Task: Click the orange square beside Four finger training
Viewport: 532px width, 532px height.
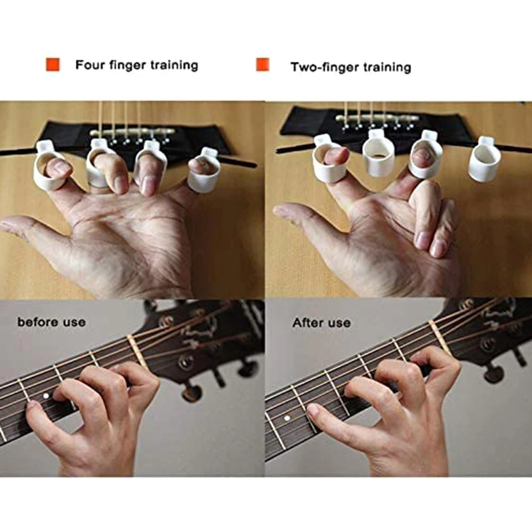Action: coord(53,65)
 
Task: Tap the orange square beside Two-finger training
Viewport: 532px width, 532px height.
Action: coord(263,65)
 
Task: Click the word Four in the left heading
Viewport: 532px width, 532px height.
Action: coord(90,65)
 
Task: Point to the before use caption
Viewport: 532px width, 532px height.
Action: coord(51,322)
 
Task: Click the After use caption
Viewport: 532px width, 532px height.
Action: coord(321,323)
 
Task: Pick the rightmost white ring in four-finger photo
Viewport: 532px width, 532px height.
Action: coord(204,174)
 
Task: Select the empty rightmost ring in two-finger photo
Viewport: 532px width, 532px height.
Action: coord(484,162)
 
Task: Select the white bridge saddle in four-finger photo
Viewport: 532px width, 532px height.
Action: coord(132,132)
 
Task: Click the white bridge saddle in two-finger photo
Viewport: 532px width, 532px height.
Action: coord(377,118)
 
